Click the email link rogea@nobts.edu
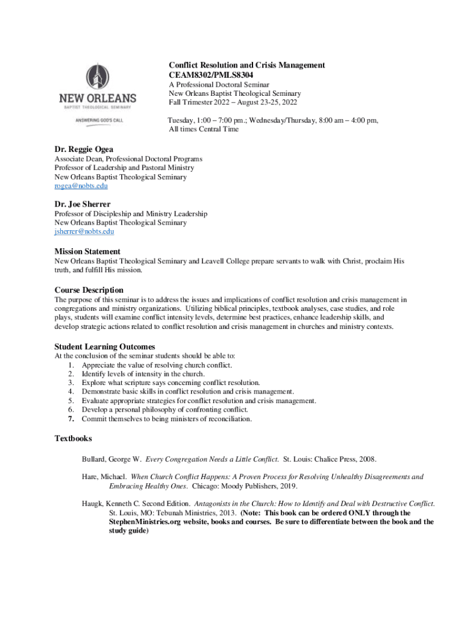tap(81, 186)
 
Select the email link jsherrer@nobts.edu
tap(84, 231)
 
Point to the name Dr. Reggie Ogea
tap(84, 149)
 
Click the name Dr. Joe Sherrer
tap(82, 204)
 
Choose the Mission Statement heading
tap(87, 251)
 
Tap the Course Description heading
tap(89, 290)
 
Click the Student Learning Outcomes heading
tap(105, 346)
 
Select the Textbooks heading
tap(73, 439)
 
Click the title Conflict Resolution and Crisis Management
tap(246, 65)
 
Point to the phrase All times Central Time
tap(204, 129)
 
